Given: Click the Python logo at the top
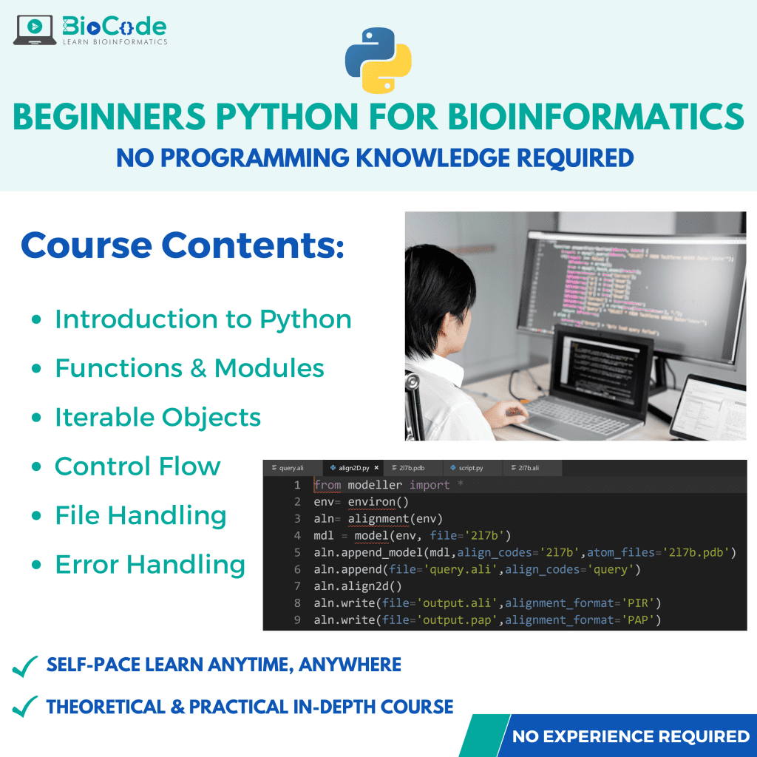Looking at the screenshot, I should click(x=378, y=61).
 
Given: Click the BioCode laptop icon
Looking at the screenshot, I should click(x=35, y=29).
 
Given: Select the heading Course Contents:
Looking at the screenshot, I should click(x=183, y=245).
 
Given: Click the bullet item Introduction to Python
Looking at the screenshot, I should click(x=203, y=319).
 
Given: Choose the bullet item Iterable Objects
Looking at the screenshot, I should click(x=157, y=417).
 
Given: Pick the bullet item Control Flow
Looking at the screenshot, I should click(x=138, y=466).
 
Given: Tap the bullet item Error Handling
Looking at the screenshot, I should click(x=150, y=565).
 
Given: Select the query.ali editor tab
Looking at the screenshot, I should click(x=291, y=468).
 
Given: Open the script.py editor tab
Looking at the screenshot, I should click(x=470, y=468).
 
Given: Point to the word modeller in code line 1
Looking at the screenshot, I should click(x=375, y=485).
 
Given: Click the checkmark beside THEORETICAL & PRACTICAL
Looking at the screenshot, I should click(x=26, y=708).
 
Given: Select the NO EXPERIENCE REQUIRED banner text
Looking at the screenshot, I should click(x=631, y=736).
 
